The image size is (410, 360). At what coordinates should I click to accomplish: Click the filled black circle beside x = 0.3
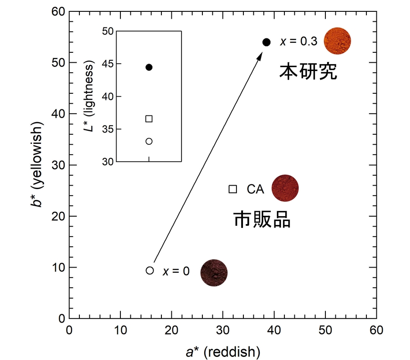266,42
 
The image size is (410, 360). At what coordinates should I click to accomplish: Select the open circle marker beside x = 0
150,270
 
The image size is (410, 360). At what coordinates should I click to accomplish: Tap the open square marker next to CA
233,189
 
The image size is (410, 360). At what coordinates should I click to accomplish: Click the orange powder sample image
337,41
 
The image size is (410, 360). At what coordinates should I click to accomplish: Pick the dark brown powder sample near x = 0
214,272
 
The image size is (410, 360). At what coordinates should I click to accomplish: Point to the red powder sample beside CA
285,188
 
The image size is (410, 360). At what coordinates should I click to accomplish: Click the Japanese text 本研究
308,71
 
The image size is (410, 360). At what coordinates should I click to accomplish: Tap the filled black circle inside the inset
149,67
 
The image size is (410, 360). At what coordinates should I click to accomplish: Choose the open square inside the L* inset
149,119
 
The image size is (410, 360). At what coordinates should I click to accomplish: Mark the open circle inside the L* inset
149,141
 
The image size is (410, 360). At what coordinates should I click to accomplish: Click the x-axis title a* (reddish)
223,351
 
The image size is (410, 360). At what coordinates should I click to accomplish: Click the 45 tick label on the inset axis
108,64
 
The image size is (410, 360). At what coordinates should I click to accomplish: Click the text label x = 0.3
297,42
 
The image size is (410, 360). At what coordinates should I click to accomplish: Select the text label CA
255,189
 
